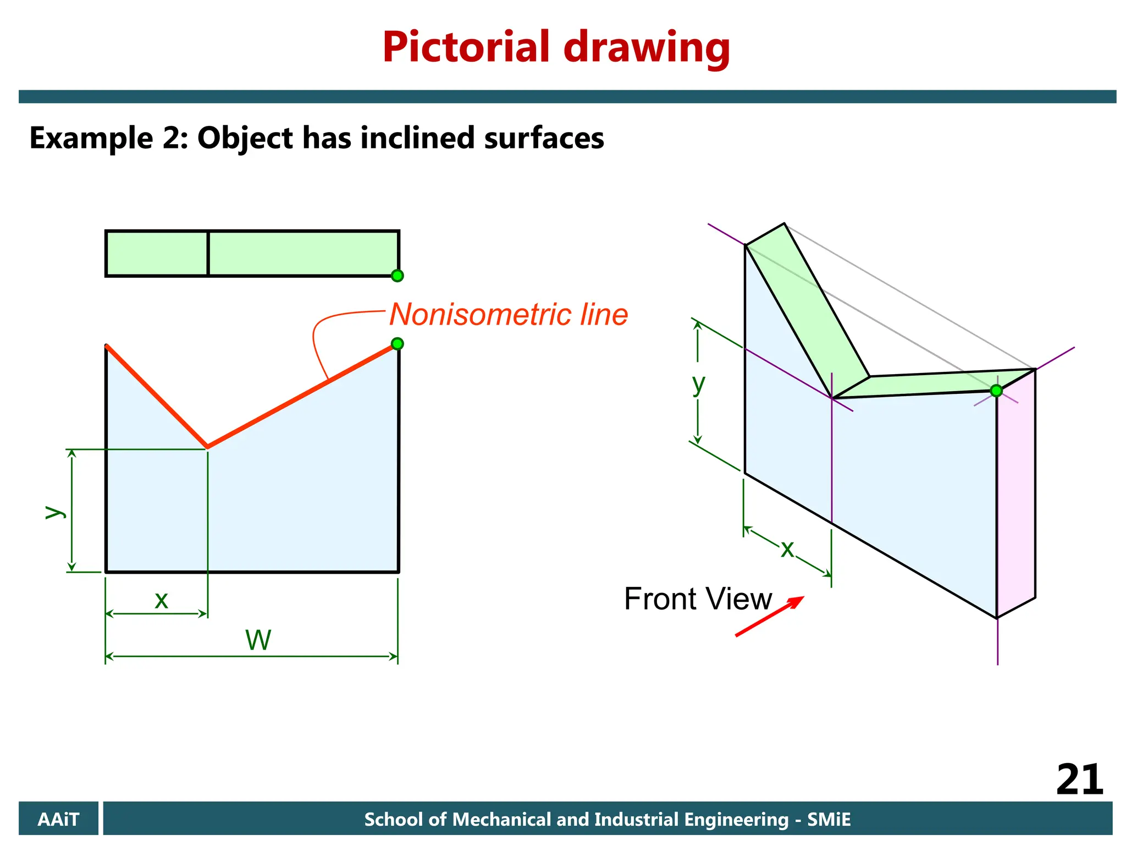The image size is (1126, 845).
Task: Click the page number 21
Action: [x=1079, y=780]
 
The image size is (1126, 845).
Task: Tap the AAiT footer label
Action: [x=58, y=819]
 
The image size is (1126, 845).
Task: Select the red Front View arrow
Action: [x=770, y=616]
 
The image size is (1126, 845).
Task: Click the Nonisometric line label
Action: [x=509, y=315]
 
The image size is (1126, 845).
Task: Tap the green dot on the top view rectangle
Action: [x=398, y=276]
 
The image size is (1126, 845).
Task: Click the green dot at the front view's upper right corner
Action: [x=398, y=344]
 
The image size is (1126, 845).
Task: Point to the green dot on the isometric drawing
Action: [x=996, y=391]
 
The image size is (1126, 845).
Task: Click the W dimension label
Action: [x=258, y=640]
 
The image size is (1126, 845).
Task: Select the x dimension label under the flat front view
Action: [x=161, y=600]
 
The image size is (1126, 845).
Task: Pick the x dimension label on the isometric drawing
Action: [x=787, y=548]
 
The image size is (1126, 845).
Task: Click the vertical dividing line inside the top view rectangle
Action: [x=208, y=253]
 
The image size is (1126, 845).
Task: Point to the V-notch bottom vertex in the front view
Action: [x=207, y=447]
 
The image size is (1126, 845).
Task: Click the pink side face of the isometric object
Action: [x=1016, y=495]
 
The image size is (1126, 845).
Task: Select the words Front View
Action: [x=698, y=599]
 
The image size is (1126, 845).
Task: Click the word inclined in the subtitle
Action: [x=418, y=138]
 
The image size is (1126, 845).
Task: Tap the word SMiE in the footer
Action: [x=829, y=819]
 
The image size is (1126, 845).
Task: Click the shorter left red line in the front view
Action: [x=157, y=396]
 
